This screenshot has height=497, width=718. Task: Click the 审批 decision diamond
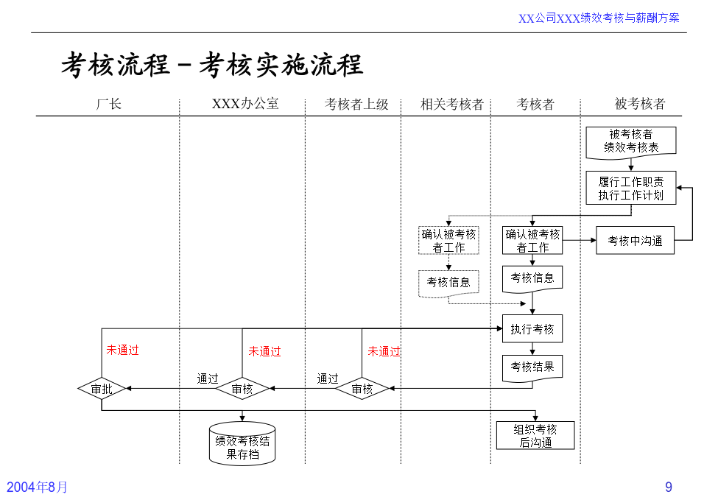click(x=102, y=389)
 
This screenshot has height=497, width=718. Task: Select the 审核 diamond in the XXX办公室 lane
click(x=242, y=389)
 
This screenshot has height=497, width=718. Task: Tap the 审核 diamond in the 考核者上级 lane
click(x=362, y=389)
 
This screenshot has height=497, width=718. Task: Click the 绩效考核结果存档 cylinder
click(x=242, y=443)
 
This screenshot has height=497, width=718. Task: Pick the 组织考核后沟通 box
click(x=535, y=435)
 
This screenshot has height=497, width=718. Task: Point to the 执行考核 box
click(x=532, y=328)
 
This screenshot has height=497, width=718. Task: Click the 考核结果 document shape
click(x=532, y=368)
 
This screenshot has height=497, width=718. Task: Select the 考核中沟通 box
click(x=635, y=240)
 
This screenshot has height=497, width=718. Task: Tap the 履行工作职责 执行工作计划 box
click(x=631, y=188)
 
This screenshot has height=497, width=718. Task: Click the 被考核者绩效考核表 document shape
click(x=631, y=142)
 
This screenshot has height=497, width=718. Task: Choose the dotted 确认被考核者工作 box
click(x=448, y=240)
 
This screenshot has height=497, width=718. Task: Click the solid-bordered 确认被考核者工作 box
click(x=532, y=240)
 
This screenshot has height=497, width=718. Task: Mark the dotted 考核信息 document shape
click(x=448, y=283)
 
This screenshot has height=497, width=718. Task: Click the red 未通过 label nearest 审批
click(x=123, y=350)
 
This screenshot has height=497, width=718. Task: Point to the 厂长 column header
click(x=108, y=104)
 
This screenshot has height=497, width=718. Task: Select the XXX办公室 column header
click(x=245, y=104)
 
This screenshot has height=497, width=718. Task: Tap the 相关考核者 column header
click(x=452, y=105)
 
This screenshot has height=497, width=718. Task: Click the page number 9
click(x=669, y=487)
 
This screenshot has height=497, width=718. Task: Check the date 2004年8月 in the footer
click(x=37, y=487)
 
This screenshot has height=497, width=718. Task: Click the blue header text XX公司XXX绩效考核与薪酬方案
click(x=599, y=18)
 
